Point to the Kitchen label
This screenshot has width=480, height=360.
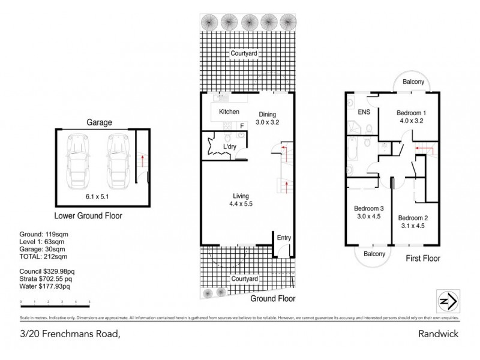229,112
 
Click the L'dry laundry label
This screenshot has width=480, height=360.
228,146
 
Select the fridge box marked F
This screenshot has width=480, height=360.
242,126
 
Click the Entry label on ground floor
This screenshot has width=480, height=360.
283,238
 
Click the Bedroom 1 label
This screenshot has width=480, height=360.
412,113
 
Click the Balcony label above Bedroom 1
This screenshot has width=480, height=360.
413,82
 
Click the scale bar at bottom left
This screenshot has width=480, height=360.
55,302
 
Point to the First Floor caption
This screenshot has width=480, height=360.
423,259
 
